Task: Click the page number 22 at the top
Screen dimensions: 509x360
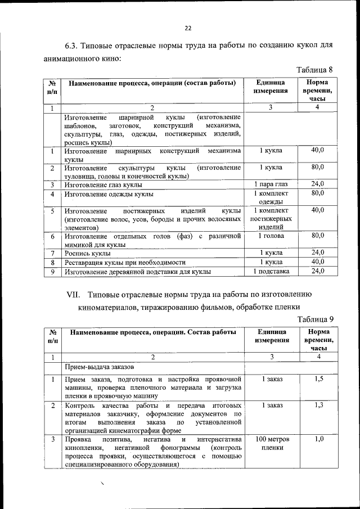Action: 188,28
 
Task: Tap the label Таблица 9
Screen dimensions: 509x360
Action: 315,319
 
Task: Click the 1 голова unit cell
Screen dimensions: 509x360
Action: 271,236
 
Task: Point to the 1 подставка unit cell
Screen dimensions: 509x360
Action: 271,272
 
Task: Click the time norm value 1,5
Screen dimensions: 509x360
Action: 318,379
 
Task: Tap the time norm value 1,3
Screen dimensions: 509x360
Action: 318,405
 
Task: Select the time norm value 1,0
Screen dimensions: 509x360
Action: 318,439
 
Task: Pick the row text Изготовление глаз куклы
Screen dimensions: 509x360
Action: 103,184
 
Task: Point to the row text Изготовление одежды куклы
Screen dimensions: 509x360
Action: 109,195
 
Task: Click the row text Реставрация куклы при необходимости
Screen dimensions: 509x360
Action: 124,263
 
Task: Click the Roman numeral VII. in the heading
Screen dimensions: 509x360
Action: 75,294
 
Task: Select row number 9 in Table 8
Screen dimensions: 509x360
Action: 52,272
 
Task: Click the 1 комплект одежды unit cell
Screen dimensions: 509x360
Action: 271,199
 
